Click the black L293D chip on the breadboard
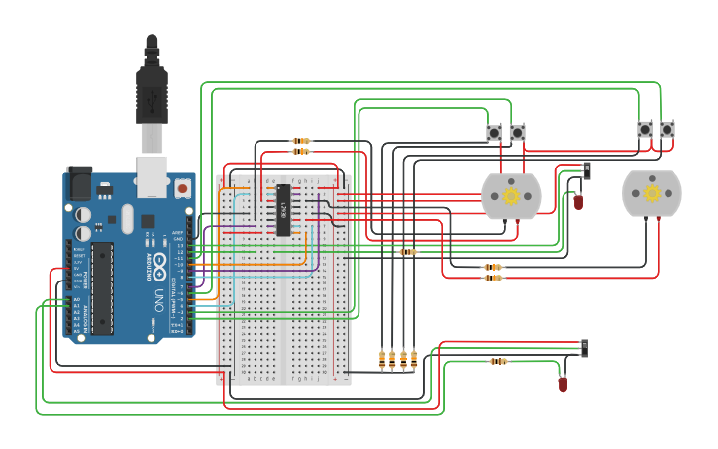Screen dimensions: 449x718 click(x=283, y=210)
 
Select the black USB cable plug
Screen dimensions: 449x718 click(x=152, y=99)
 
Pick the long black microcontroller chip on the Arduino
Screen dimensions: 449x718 click(x=102, y=287)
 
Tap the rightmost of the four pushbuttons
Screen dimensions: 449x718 click(x=667, y=130)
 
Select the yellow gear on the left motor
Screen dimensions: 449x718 click(x=511, y=196)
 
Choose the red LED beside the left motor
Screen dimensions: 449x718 click(x=578, y=202)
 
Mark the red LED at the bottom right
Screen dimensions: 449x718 click(x=563, y=384)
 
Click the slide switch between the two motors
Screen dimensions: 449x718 click(x=588, y=170)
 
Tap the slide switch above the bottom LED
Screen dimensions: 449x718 click(x=584, y=348)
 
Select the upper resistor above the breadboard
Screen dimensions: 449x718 click(x=301, y=141)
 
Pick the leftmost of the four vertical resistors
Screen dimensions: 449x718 click(x=382, y=358)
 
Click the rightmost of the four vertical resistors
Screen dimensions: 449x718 click(x=414, y=358)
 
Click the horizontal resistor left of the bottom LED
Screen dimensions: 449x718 click(x=498, y=361)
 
